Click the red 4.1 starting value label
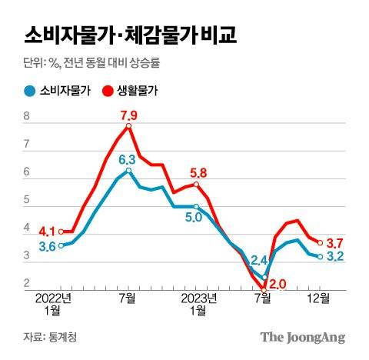click(x=45, y=230)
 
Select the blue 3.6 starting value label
click(x=45, y=246)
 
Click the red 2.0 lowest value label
click(x=278, y=284)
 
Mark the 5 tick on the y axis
click(x=27, y=202)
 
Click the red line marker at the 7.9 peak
click(x=128, y=126)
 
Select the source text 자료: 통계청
click(x=51, y=337)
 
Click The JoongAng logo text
click(x=301, y=337)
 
